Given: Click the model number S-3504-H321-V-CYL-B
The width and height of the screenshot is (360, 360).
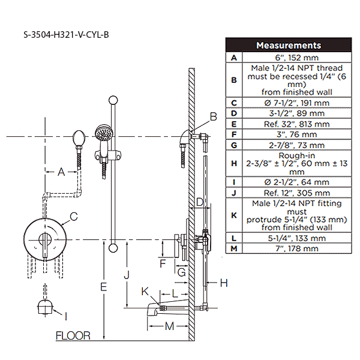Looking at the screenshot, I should (x=66, y=34).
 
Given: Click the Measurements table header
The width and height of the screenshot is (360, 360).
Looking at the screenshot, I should (x=288, y=46).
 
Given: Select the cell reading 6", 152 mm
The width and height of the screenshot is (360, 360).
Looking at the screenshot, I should (x=295, y=58).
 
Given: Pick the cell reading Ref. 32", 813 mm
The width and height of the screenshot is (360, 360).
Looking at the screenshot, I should (x=295, y=124).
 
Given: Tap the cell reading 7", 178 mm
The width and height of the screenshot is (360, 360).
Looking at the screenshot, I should (x=295, y=248).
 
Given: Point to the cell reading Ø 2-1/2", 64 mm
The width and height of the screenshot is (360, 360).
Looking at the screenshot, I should (x=295, y=182).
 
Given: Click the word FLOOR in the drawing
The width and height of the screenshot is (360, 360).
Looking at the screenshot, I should (x=73, y=335).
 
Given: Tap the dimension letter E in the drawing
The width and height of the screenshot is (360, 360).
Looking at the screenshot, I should (x=104, y=287).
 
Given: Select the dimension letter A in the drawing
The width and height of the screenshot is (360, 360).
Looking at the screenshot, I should (x=61, y=172).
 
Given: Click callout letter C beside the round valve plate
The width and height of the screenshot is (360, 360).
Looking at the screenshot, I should (x=73, y=216).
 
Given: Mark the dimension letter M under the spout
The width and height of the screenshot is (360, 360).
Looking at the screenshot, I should (x=169, y=326).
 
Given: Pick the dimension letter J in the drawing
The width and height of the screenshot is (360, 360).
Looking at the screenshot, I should (x=126, y=275).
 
